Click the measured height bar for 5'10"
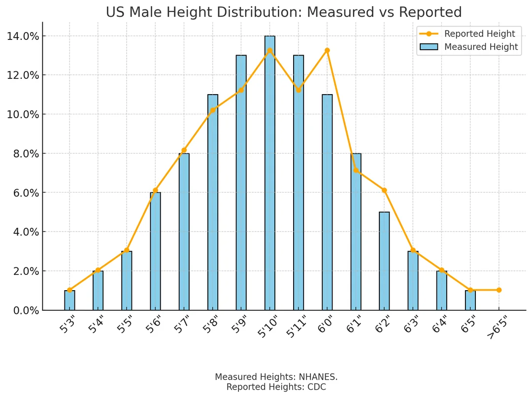pyautogui.click(x=270, y=172)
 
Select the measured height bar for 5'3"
pyautogui.click(x=69, y=300)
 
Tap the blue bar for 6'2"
pyautogui.click(x=384, y=261)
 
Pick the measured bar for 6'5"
pyautogui.click(x=470, y=300)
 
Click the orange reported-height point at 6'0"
pyautogui.click(x=327, y=50)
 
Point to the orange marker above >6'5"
pyautogui.click(x=499, y=290)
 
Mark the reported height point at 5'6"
pyautogui.click(x=155, y=190)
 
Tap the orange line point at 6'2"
pyautogui.click(x=384, y=190)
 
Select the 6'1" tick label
pyautogui.click(x=353, y=326)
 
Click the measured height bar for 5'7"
pyautogui.click(x=184, y=232)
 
